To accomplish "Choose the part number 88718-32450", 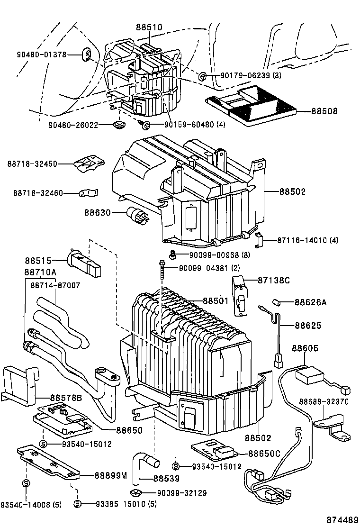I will coord(32,164).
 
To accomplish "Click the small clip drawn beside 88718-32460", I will coord(88,193).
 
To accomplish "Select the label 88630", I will coord(98,213).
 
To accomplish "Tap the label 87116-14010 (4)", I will coord(308,240).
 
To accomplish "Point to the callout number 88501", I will coord(216,300).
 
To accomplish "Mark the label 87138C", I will coord(273,280).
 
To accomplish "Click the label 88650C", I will coord(264,454).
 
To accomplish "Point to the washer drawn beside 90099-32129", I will coord(137,492).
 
